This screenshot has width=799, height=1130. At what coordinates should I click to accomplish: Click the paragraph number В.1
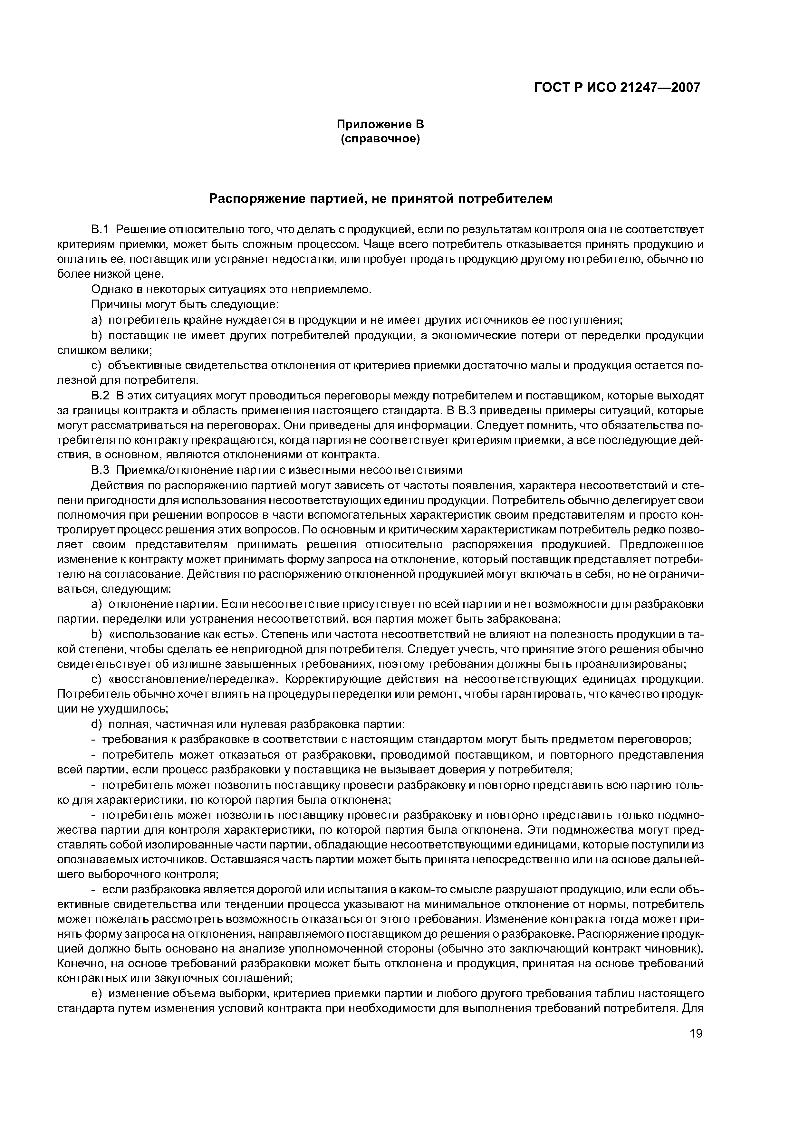pos(100,230)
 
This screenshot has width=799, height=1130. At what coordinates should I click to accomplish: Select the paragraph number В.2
pos(100,396)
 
